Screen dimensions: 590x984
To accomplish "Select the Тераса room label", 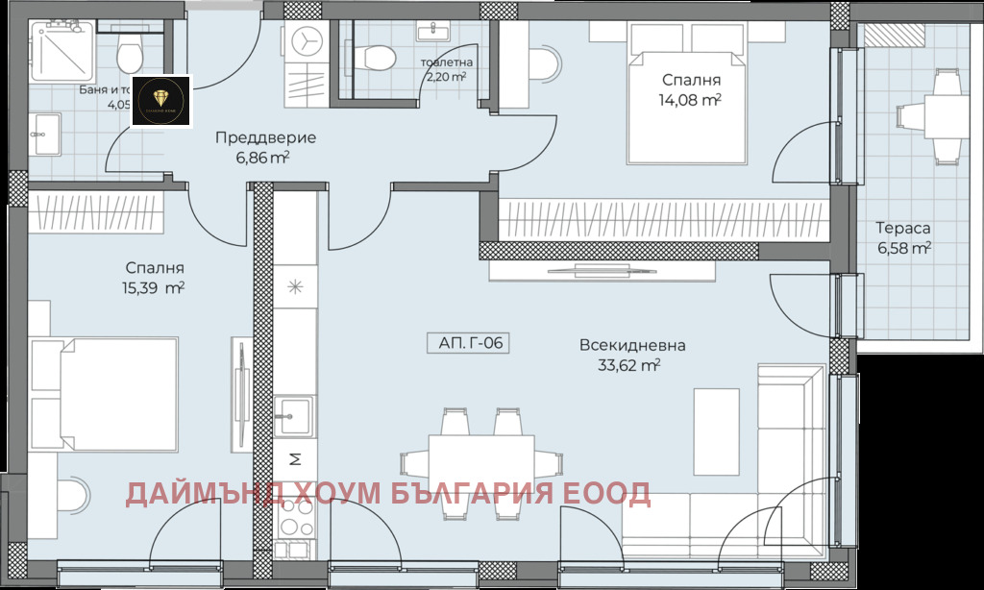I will [901, 229].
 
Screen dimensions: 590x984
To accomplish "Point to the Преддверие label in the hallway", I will [265, 137].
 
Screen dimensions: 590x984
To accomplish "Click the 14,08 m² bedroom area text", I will [691, 98].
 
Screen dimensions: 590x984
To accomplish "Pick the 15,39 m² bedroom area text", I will [154, 287].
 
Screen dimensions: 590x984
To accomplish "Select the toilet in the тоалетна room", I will [374, 57].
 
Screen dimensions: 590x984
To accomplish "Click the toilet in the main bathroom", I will [126, 52].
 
